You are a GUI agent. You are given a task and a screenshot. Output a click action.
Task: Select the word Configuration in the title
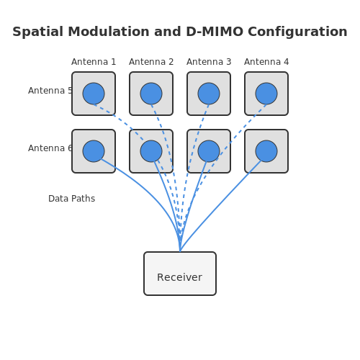pyautogui.click(x=297, y=32)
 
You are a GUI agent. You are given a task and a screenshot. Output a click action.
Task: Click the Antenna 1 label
pyautogui.click(x=94, y=62)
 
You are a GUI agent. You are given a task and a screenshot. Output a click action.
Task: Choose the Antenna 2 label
pyautogui.click(x=151, y=62)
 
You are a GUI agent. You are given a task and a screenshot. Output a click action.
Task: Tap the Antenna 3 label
pyautogui.click(x=209, y=62)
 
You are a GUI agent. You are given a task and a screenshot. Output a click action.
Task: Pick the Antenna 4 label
pyautogui.click(x=266, y=62)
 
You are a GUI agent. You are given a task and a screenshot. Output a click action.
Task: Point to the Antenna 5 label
pyautogui.click(x=50, y=91)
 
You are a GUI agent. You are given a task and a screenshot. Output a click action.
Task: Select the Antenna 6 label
pyautogui.click(x=50, y=148)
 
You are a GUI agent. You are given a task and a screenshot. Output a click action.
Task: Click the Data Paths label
pyautogui.click(x=71, y=199)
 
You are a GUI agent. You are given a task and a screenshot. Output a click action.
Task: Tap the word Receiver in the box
pyautogui.click(x=179, y=277)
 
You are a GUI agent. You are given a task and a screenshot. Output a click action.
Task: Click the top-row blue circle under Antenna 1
pyautogui.click(x=94, y=94)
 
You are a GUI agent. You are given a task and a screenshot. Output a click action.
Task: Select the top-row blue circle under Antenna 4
pyautogui.click(x=266, y=94)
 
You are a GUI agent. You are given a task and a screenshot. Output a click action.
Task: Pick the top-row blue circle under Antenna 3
pyautogui.click(x=209, y=94)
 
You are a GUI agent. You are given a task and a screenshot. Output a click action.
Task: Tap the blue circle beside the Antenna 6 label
pyautogui.click(x=94, y=151)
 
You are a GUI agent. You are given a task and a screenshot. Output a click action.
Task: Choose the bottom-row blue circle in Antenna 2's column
pyautogui.click(x=151, y=151)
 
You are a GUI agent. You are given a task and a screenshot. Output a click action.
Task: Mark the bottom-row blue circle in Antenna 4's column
pyautogui.click(x=266, y=151)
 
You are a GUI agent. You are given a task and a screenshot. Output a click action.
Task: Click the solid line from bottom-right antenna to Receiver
pyautogui.click(x=220, y=206)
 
